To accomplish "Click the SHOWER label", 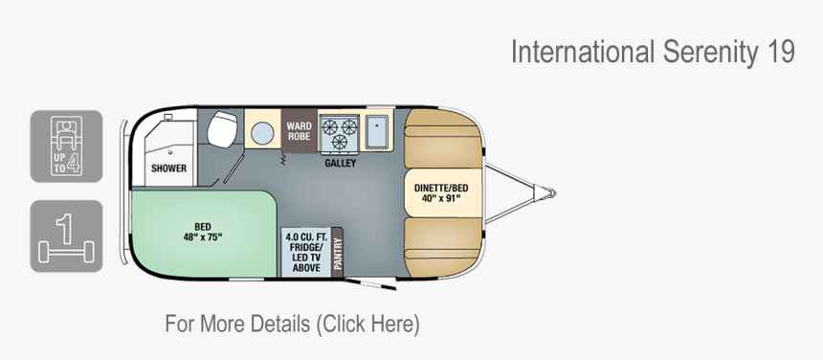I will pos(168,169).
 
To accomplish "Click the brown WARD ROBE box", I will pos(299,132).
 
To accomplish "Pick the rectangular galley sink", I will pos(376,132).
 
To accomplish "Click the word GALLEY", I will pos(340,164).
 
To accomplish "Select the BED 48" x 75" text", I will pos(201,233).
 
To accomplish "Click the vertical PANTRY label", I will pos(336,254).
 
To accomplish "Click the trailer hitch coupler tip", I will pos(551,193).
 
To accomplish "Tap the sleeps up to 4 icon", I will pos(66,146).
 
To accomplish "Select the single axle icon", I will pos(66,236).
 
